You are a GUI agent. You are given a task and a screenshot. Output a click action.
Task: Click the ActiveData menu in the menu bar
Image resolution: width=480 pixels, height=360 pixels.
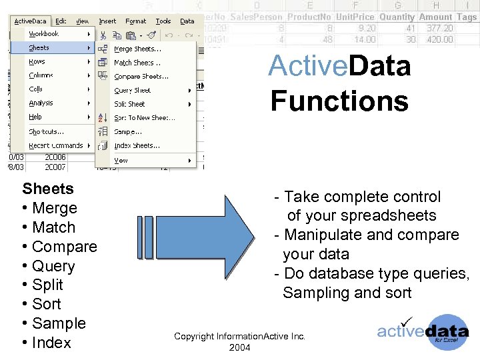[x=30, y=21]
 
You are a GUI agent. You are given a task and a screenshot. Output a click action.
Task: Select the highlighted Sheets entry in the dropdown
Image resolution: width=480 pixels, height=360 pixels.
[x=39, y=48]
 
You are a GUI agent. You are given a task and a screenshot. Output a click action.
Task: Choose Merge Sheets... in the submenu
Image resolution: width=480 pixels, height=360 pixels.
[x=137, y=49]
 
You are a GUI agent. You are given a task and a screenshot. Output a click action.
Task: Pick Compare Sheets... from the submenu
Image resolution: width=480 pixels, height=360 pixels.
[x=141, y=77]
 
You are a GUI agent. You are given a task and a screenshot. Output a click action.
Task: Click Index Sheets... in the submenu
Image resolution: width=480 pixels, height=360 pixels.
[x=137, y=145]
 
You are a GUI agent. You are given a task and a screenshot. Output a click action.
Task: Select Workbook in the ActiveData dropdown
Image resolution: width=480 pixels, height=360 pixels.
[x=43, y=34]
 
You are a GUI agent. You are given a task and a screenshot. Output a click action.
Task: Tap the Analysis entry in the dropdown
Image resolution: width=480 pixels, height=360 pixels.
[x=41, y=103]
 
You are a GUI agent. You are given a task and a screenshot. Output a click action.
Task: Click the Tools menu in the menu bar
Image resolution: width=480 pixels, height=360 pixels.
[x=163, y=21]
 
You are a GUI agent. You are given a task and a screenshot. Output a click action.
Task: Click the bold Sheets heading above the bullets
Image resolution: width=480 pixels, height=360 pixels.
[x=48, y=189]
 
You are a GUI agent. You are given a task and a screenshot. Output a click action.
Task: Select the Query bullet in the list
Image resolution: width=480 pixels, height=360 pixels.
[x=53, y=266]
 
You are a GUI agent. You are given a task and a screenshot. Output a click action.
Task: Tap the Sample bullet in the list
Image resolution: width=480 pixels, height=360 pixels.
[x=59, y=323]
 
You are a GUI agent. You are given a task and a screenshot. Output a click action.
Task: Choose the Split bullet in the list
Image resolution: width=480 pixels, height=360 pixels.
[x=47, y=285]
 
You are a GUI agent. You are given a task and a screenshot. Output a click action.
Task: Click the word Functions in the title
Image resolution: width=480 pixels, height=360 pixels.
[x=339, y=101]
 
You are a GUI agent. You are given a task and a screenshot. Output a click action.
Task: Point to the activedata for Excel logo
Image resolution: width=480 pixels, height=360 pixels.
[x=423, y=332]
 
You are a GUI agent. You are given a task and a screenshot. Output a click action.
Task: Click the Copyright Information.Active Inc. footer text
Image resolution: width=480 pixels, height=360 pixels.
[x=239, y=337]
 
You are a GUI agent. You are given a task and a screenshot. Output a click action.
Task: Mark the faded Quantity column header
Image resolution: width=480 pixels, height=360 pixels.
[x=397, y=17]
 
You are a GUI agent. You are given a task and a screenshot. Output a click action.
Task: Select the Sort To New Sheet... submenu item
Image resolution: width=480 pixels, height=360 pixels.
[x=144, y=118]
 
